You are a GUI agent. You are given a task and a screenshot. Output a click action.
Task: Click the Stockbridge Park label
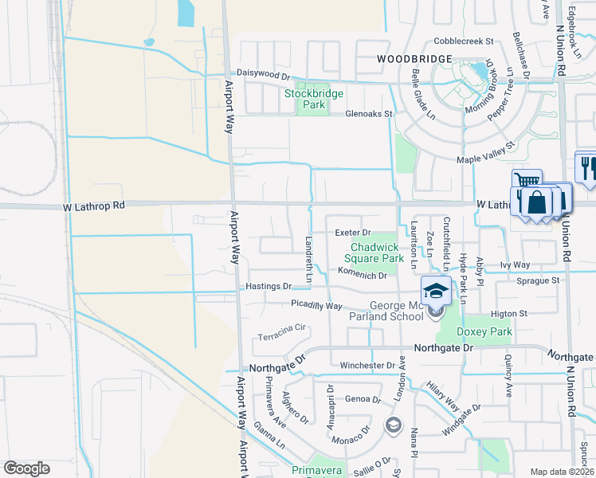[x=315, y=99]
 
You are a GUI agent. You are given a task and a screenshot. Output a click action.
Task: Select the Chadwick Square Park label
[x=374, y=253]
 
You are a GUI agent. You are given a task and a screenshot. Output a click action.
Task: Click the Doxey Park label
[x=484, y=331]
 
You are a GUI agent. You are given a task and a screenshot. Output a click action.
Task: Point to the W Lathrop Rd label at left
[x=95, y=206]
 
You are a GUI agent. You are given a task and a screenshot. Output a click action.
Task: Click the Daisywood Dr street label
[x=263, y=76]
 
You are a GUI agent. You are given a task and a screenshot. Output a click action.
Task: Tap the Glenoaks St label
[x=370, y=114]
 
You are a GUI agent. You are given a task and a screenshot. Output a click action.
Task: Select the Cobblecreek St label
[x=465, y=41]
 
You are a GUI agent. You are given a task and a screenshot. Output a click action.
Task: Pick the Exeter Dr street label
[x=353, y=232]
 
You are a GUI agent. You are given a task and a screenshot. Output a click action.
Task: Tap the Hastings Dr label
[x=269, y=286]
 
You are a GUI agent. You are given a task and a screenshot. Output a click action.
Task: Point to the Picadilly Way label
[x=316, y=305]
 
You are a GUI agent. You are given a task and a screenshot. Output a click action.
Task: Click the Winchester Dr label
[x=367, y=366]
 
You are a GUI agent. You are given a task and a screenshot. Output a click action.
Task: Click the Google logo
[x=26, y=468]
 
